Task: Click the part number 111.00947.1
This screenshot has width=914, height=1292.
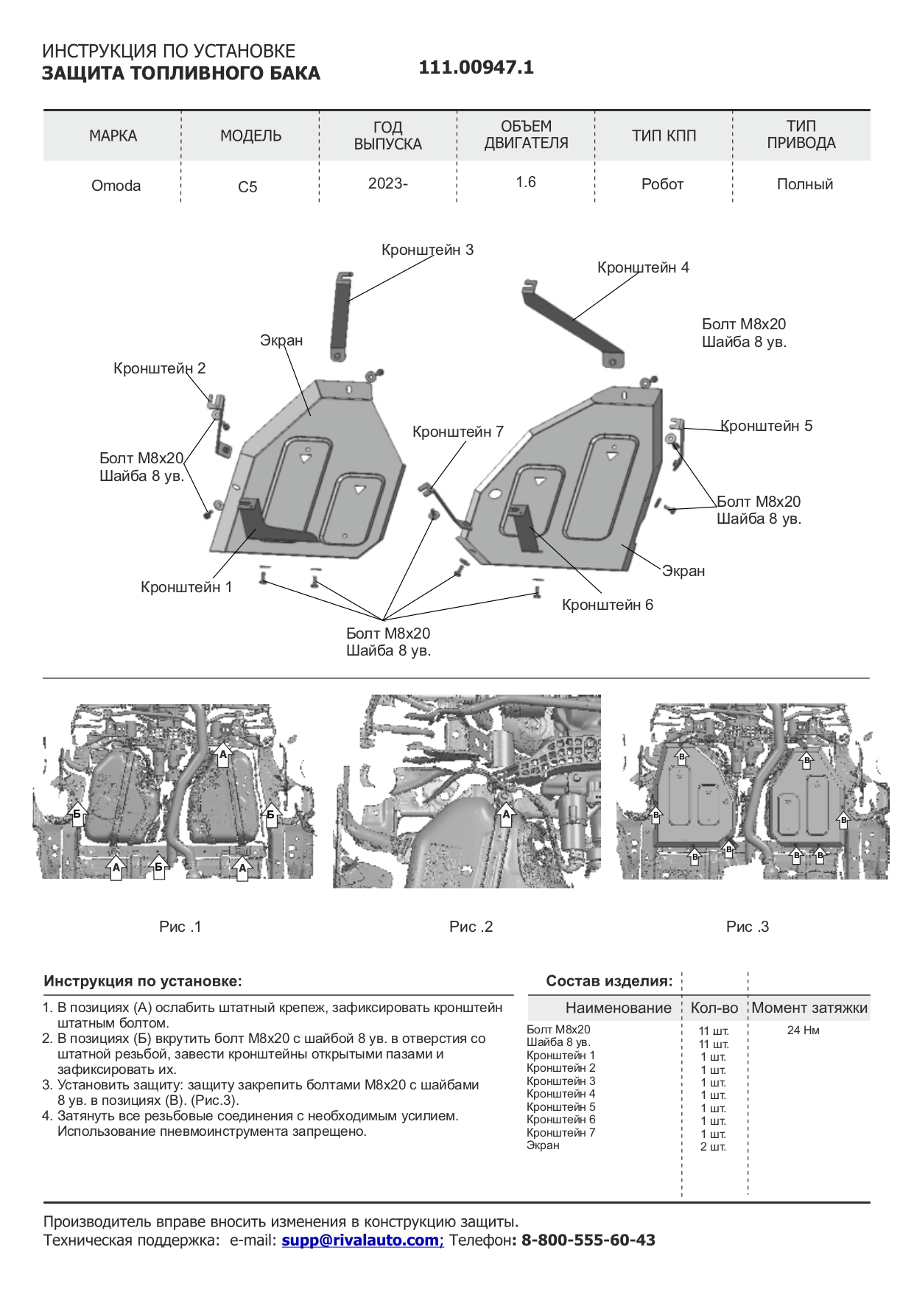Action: pyautogui.click(x=476, y=68)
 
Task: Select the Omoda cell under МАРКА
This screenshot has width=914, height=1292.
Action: pyautogui.click(x=116, y=186)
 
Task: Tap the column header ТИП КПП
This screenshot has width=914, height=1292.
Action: pyautogui.click(x=664, y=136)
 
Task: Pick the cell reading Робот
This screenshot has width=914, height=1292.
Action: pyautogui.click(x=662, y=184)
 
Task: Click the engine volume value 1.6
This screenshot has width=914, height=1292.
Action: pyautogui.click(x=526, y=182)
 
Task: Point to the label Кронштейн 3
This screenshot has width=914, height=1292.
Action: pyautogui.click(x=427, y=250)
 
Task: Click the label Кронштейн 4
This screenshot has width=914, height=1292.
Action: pyautogui.click(x=643, y=267)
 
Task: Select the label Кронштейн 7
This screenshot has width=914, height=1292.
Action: pyautogui.click(x=457, y=432)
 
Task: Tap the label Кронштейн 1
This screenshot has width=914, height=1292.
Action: pyautogui.click(x=186, y=587)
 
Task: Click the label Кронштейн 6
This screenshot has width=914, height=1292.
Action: pyautogui.click(x=607, y=605)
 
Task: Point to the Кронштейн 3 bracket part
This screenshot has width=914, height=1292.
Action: pyautogui.click(x=340, y=317)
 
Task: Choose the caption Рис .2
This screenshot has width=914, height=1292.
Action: pyautogui.click(x=471, y=927)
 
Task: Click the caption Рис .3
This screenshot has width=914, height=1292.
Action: pyautogui.click(x=747, y=927)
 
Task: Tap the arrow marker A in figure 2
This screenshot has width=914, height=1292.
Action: pyautogui.click(x=505, y=815)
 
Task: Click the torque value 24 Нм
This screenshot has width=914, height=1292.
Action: pyautogui.click(x=803, y=1030)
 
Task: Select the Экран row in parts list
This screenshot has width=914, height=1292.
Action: pyautogui.click(x=543, y=1145)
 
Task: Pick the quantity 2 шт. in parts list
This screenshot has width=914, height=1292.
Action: pyautogui.click(x=713, y=1147)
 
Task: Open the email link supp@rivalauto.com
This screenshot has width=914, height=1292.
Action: pyautogui.click(x=362, y=1240)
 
